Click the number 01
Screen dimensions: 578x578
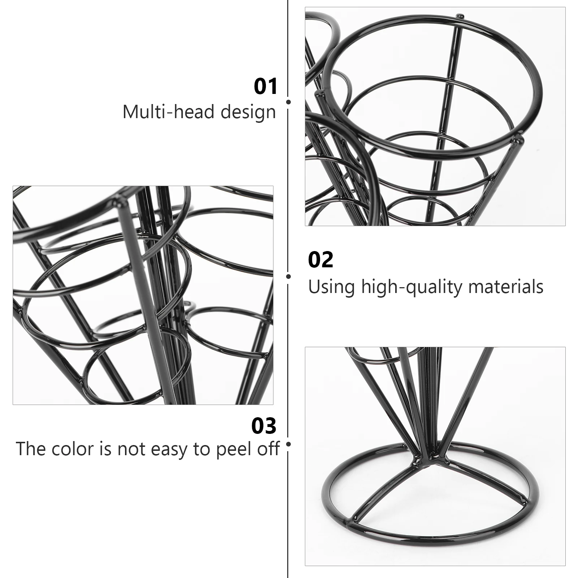pyautogui.click(x=266, y=86)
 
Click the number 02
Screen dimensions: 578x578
pyautogui.click(x=320, y=260)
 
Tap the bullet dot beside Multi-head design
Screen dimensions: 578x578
pyautogui.click(x=288, y=102)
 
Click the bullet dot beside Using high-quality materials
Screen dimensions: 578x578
pyautogui.click(x=288, y=276)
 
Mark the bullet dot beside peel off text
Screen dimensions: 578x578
pyautogui.click(x=288, y=444)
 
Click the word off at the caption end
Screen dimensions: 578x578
pyautogui.click(x=267, y=449)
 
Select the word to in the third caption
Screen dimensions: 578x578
pyautogui.click(x=202, y=449)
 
